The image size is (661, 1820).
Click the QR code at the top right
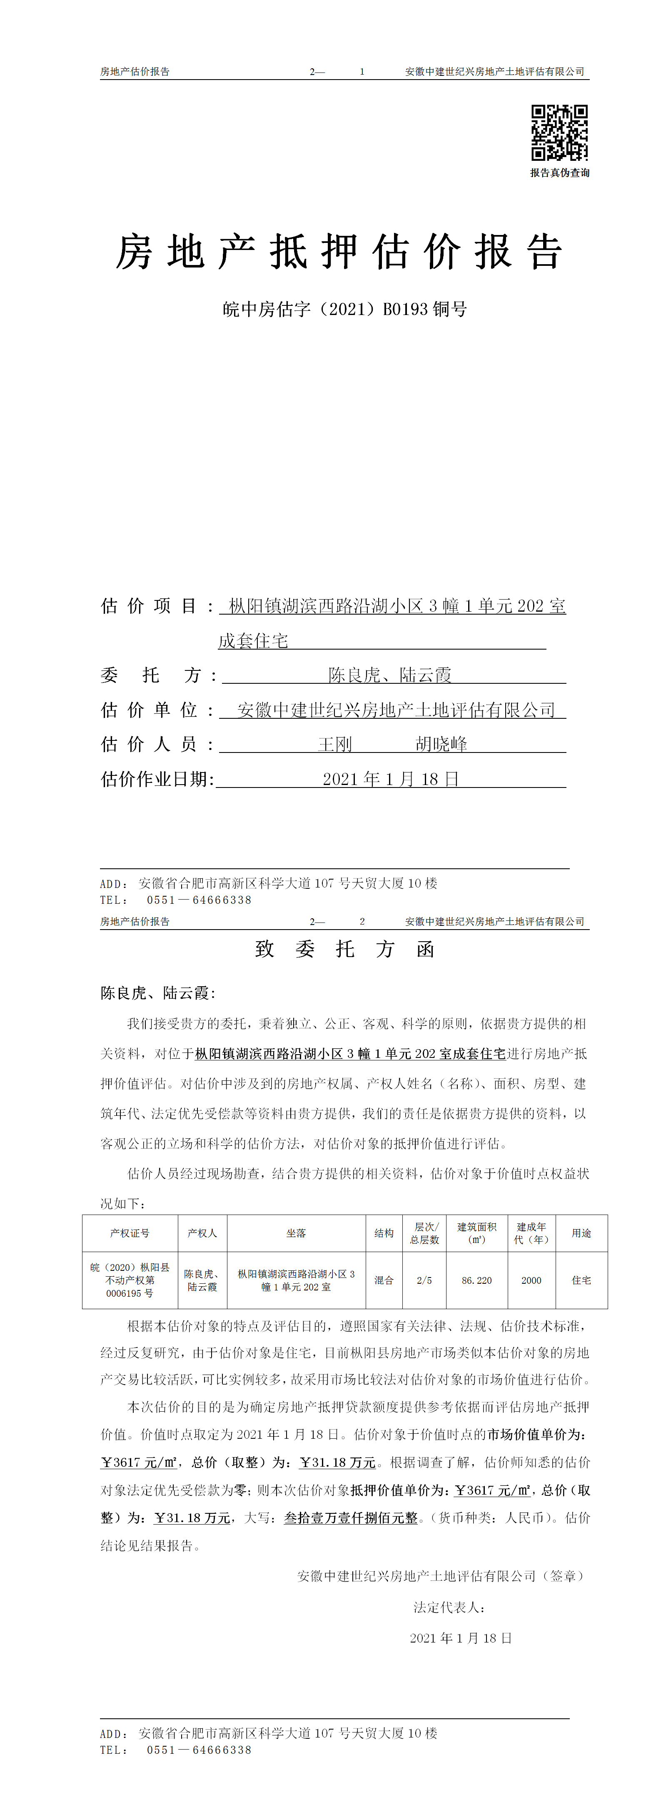tap(559, 133)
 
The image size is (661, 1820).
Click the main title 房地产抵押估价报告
tap(339, 252)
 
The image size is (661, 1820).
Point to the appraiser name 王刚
tap(335, 744)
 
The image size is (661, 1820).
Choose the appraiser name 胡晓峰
tap(441, 744)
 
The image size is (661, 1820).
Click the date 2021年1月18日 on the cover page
tap(391, 779)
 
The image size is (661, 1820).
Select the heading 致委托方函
tap(344, 949)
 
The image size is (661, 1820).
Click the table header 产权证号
tap(130, 1233)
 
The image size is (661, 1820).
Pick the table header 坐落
tap(296, 1233)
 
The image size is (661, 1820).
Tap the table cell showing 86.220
tap(476, 1280)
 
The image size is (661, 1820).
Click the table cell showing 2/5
tap(424, 1280)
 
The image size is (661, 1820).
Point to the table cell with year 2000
tap(531, 1280)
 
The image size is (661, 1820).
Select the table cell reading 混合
tap(384, 1280)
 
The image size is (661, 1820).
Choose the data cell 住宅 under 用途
tap(581, 1280)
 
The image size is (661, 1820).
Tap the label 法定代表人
tap(449, 1608)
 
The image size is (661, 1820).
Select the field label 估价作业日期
tap(157, 779)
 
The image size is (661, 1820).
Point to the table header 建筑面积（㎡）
tap(476, 1233)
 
